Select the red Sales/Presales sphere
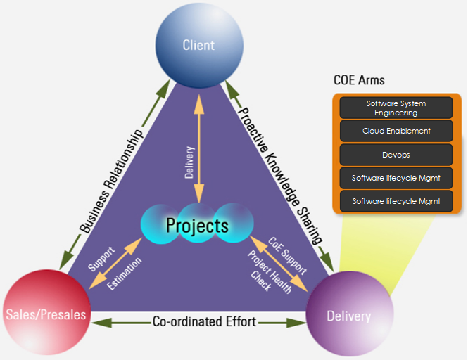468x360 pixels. (48, 312)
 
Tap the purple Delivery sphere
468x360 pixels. (348, 316)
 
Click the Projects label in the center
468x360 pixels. (197, 226)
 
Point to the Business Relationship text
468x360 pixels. (112, 181)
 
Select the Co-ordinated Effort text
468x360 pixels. (204, 322)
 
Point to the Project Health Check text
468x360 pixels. (267, 266)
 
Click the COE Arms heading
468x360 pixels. (359, 79)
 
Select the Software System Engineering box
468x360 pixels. (396, 108)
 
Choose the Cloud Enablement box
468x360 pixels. (396, 131)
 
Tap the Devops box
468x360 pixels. (396, 154)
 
